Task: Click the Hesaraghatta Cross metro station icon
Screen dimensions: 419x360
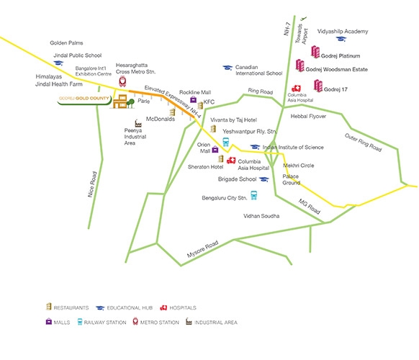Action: coord(122,81)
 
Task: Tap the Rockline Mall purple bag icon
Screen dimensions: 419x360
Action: coord(193,99)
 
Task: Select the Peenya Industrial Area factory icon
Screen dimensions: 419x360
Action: coord(138,123)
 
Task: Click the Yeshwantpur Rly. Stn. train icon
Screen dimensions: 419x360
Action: coord(226,142)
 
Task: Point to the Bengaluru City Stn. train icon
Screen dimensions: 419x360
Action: coord(254,195)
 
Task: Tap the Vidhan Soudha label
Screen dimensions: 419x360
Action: coord(261,216)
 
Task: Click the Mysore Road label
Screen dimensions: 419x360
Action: coord(202,249)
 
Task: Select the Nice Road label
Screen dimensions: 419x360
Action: coord(92,184)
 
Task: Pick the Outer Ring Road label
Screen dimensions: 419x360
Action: coord(363,143)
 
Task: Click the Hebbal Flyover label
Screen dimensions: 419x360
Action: coord(308,116)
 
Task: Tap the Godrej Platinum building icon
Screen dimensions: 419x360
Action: coord(315,52)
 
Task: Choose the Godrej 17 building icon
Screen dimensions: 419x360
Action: coord(318,86)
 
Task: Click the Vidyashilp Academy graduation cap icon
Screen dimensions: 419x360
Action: coord(341,39)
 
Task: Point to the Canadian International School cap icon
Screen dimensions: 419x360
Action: coord(227,68)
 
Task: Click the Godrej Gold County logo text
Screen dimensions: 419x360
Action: coord(84,99)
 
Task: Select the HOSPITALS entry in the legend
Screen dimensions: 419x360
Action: coord(179,308)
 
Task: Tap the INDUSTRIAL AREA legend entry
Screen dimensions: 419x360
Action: coord(212,322)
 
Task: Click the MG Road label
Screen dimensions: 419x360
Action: coord(309,207)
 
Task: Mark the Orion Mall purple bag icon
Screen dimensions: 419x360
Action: coord(215,149)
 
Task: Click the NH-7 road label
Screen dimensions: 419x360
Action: coord(287,29)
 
